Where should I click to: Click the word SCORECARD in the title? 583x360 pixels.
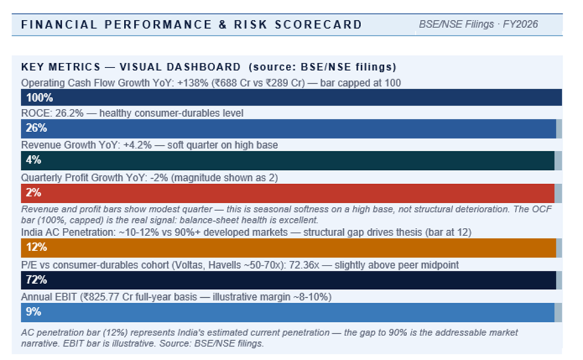coord(318,25)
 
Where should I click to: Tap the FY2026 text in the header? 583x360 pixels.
coord(520,24)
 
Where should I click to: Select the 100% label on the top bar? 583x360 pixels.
coord(39,97)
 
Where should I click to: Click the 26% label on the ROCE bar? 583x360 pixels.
coord(36,128)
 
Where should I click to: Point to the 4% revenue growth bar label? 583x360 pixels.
coord(33,160)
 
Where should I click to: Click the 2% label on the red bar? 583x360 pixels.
coord(33,193)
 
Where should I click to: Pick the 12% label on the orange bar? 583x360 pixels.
coord(36,247)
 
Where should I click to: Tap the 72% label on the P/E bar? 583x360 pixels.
coord(36,280)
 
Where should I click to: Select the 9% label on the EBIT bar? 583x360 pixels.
coord(33,312)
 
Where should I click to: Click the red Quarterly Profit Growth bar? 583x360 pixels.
coord(288,193)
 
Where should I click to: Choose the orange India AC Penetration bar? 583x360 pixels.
coord(289,248)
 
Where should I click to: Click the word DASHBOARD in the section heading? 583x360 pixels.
coord(203,67)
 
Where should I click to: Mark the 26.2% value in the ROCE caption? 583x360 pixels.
coord(69,114)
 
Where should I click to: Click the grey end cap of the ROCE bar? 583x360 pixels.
coord(559,129)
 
